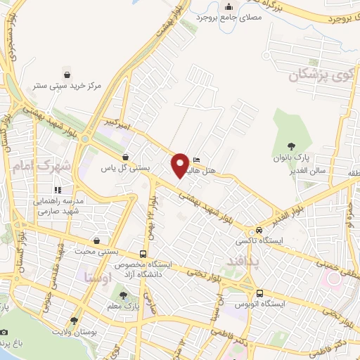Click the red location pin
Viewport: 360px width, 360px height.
pyautogui.click(x=180, y=165)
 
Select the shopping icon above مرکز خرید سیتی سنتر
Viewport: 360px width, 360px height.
pyautogui.click(x=66, y=74)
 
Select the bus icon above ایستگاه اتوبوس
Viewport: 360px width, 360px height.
pyautogui.click(x=260, y=293)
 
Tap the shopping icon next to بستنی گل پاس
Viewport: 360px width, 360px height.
pyautogui.click(x=125, y=157)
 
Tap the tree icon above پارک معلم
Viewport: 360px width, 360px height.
pyautogui.click(x=124, y=295)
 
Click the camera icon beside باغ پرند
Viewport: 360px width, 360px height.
pyautogui.click(x=4, y=331)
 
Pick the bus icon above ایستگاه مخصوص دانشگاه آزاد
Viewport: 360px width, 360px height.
pyautogui.click(x=143, y=254)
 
